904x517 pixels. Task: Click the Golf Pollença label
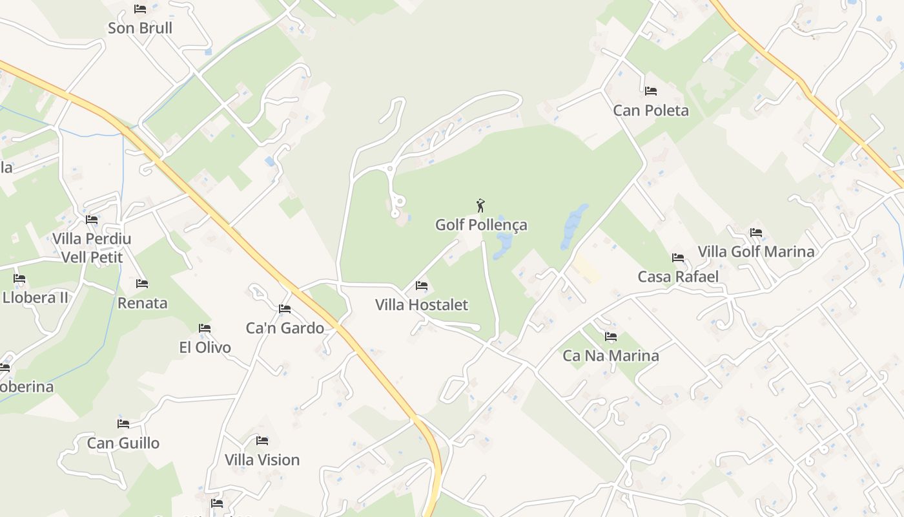(481, 225)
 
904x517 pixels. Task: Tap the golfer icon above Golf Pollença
(480, 206)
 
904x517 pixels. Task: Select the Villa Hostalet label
(422, 304)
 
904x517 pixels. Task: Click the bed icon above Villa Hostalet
(422, 286)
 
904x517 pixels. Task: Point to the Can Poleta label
(651, 111)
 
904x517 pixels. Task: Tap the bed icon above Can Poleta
(651, 91)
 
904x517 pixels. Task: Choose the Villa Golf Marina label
(756, 251)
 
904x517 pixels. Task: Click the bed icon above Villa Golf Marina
(756, 233)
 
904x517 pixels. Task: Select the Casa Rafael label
(678, 277)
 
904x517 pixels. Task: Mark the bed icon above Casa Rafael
(678, 258)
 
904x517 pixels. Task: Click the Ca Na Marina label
(611, 355)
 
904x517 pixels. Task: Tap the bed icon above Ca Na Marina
(611, 337)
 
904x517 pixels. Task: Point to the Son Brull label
(140, 28)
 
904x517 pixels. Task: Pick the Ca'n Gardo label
(285, 328)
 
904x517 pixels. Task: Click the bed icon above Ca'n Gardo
(285, 309)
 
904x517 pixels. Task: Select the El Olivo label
(205, 347)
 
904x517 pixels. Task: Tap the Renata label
(142, 302)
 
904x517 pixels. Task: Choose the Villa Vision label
(262, 459)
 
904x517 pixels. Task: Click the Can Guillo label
(123, 443)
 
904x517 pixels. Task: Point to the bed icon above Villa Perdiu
(92, 220)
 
